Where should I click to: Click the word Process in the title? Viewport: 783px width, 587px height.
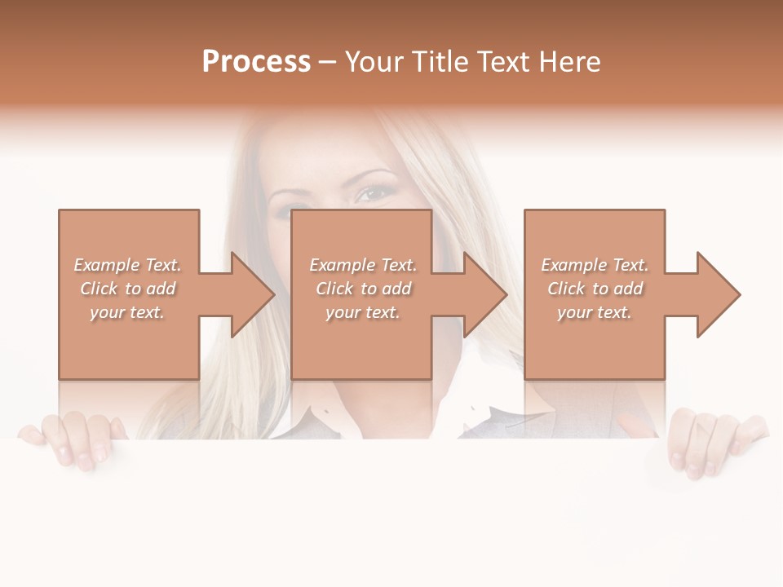[256, 62]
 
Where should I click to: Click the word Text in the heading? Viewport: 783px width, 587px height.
[504, 62]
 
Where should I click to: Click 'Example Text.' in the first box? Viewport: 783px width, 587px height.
[127, 265]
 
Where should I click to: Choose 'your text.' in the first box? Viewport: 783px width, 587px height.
[127, 312]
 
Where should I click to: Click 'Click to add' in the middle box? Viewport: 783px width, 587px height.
[363, 289]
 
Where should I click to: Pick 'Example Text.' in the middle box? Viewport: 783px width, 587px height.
[363, 265]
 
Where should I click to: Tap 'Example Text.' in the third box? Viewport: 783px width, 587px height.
[595, 265]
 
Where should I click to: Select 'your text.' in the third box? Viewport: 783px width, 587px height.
[595, 312]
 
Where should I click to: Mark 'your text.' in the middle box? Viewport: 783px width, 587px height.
[363, 312]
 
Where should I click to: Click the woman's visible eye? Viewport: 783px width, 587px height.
[374, 194]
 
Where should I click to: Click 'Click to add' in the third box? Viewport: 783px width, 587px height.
[595, 289]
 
